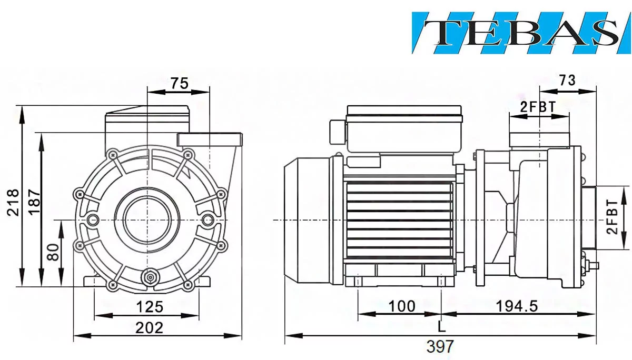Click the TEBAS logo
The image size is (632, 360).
[521, 33]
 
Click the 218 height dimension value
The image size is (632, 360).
[13, 203]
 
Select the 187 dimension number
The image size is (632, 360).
[34, 202]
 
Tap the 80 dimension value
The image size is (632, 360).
[53, 252]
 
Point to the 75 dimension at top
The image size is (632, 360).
[180, 83]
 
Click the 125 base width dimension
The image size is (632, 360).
[150, 307]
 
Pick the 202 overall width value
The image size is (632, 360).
[149, 328]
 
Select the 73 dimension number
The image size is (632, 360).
[567, 81]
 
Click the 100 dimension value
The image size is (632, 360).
[402, 306]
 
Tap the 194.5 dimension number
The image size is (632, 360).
[517, 306]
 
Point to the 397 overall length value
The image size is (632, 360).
[440, 346]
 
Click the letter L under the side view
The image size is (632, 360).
[441, 326]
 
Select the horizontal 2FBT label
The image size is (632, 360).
[538, 107]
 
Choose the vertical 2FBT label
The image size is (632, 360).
[612, 217]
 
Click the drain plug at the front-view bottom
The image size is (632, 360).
[150, 278]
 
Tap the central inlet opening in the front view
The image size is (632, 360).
[147, 219]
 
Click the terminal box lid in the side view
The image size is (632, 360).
[404, 114]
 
